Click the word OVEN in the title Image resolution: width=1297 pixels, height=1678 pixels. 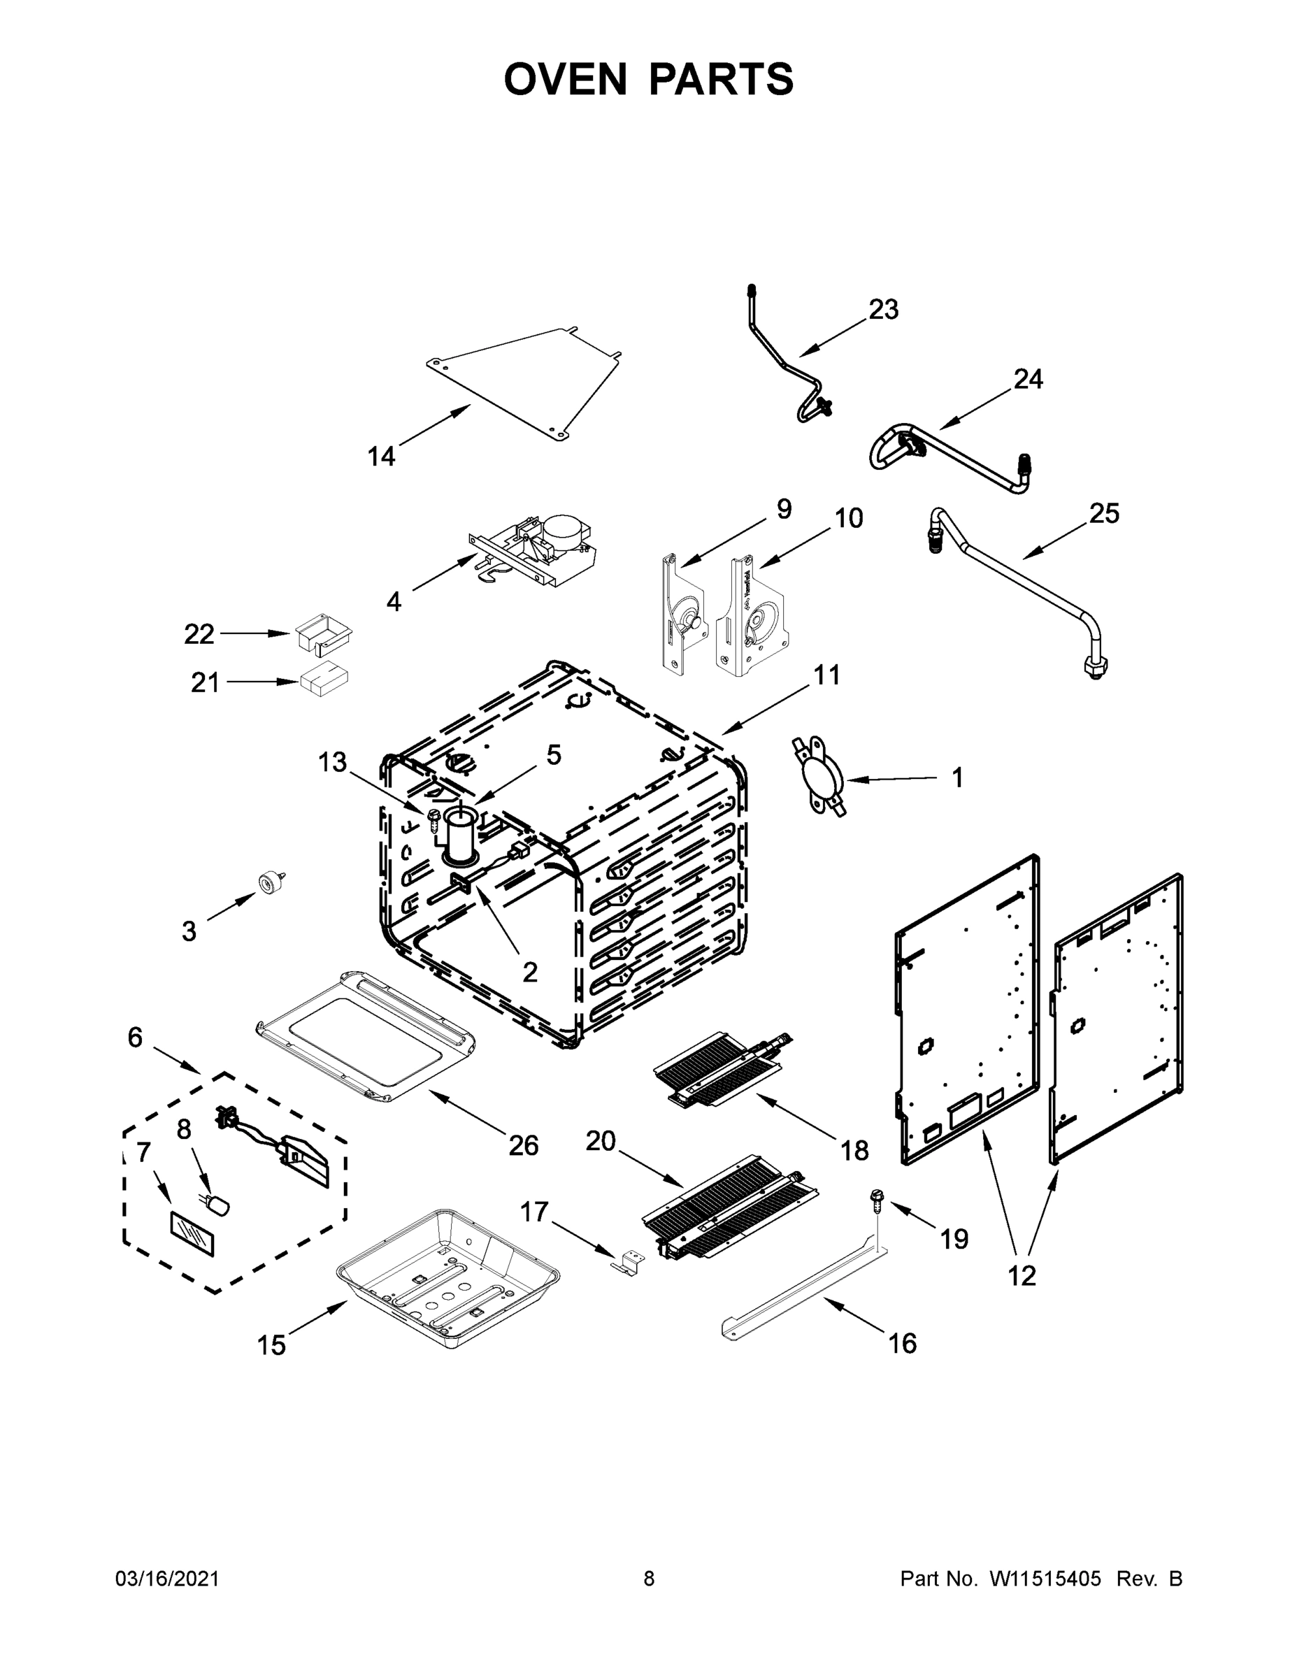(x=566, y=79)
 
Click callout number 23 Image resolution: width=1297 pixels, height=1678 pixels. (x=883, y=310)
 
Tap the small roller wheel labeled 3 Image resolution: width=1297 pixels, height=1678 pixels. (x=269, y=883)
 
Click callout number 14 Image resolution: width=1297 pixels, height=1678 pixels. (x=381, y=457)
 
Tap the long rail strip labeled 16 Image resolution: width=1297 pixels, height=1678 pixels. (x=799, y=1292)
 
